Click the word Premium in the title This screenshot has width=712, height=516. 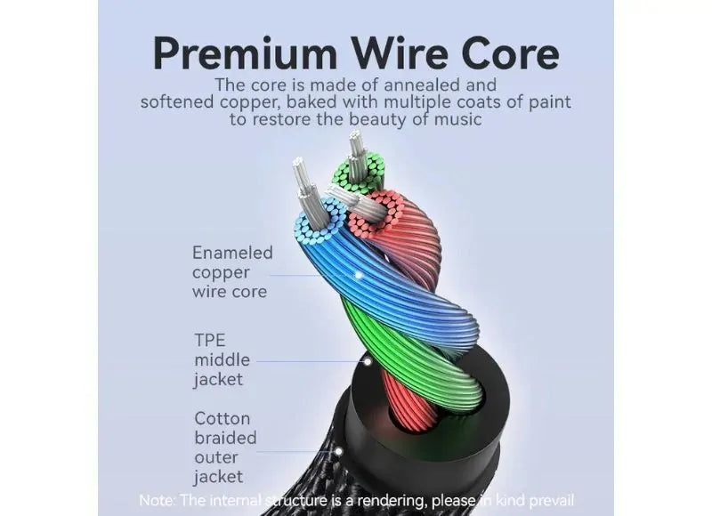246,54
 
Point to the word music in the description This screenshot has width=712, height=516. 457,119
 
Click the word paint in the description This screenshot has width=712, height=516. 550,102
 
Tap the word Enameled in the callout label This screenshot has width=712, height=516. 232,253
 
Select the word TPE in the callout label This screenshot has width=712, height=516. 210,340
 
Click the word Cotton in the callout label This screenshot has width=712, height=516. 222,418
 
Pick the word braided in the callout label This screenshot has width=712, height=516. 225,438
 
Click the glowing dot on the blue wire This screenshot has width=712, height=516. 359,275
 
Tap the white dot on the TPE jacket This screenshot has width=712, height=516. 368,362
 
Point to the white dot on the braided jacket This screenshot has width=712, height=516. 338,452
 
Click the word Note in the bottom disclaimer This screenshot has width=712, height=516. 155,501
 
